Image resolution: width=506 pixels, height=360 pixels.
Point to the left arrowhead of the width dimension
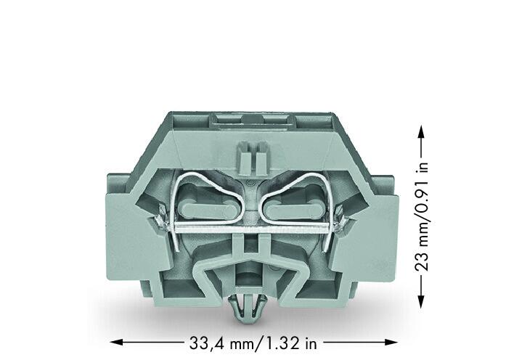click(116, 342)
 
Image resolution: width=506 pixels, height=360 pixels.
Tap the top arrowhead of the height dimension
click(420, 131)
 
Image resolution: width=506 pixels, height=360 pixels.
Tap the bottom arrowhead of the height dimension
click(420, 302)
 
